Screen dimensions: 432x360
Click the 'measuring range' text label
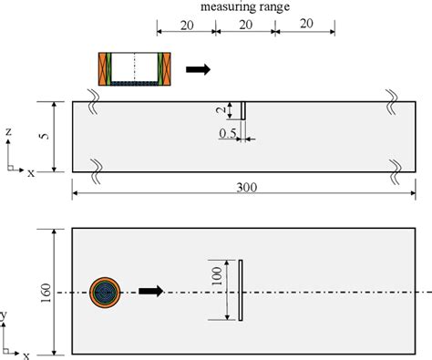245,6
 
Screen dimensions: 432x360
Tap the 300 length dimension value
247,188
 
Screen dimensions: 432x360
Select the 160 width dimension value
46,293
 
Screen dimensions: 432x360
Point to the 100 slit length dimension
217,276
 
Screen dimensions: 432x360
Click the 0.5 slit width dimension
228,133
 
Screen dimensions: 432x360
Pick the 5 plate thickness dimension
45,136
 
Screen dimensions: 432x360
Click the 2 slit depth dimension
221,110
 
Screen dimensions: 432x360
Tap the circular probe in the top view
105,293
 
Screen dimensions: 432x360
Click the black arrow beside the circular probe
151,291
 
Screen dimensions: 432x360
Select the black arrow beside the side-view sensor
198,69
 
